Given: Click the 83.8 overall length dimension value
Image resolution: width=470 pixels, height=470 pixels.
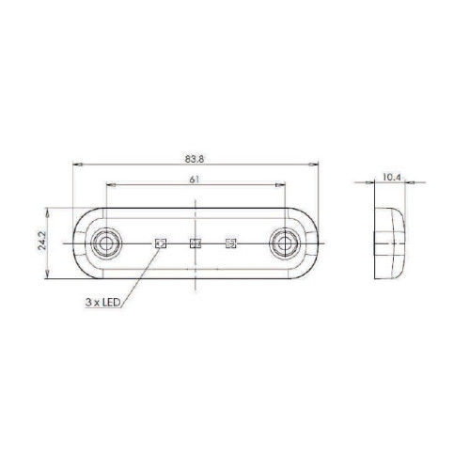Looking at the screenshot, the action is pos(195,159).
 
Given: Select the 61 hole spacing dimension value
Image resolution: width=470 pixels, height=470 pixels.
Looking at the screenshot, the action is pos(195,180).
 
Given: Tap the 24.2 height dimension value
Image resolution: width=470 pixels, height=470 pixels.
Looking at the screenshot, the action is pos(42,241).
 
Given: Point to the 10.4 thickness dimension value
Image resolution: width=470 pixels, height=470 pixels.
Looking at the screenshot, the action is pos(391,178).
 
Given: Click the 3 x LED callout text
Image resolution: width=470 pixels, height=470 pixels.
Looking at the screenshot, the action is pos(103,303).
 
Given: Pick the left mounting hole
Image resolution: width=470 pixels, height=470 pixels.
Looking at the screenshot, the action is pos(106,243).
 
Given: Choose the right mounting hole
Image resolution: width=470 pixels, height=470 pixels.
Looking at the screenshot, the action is pos(285,243).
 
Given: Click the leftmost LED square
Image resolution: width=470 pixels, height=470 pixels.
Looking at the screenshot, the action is pos(161,243).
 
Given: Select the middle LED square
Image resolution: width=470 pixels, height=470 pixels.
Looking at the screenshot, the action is pos(196,243).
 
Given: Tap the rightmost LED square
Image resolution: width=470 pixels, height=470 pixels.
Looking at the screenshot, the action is pos(231,243).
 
